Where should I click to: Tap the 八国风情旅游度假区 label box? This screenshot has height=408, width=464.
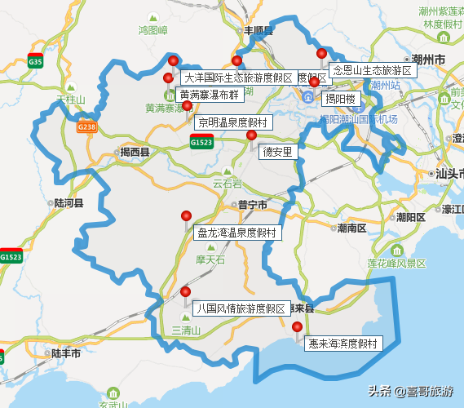click(x=241, y=309)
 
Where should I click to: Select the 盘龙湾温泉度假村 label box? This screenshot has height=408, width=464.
click(x=236, y=233)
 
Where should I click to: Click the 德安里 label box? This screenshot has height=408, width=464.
click(x=278, y=152)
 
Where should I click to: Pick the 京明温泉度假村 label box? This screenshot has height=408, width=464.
click(x=232, y=122)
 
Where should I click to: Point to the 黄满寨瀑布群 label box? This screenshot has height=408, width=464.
click(x=210, y=95)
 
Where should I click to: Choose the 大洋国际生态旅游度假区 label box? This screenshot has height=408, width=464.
click(x=237, y=78)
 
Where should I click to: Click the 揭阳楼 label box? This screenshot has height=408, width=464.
click(x=341, y=100)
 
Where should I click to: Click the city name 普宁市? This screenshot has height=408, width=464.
click(x=248, y=205)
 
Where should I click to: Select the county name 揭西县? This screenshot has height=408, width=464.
click(x=135, y=153)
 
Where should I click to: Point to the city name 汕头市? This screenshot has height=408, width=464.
click(x=449, y=173)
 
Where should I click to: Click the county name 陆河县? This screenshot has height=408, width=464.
click(x=68, y=202)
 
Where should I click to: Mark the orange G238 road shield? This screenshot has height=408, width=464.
click(x=86, y=127)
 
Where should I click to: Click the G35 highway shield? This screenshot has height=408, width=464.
click(x=35, y=61)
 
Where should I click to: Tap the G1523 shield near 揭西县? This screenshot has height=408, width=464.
click(x=201, y=142)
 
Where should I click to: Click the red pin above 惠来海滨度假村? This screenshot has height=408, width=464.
click(x=297, y=328)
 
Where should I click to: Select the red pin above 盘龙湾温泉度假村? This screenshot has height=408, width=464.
click(x=186, y=216)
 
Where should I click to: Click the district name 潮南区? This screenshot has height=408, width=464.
click(x=351, y=228)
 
